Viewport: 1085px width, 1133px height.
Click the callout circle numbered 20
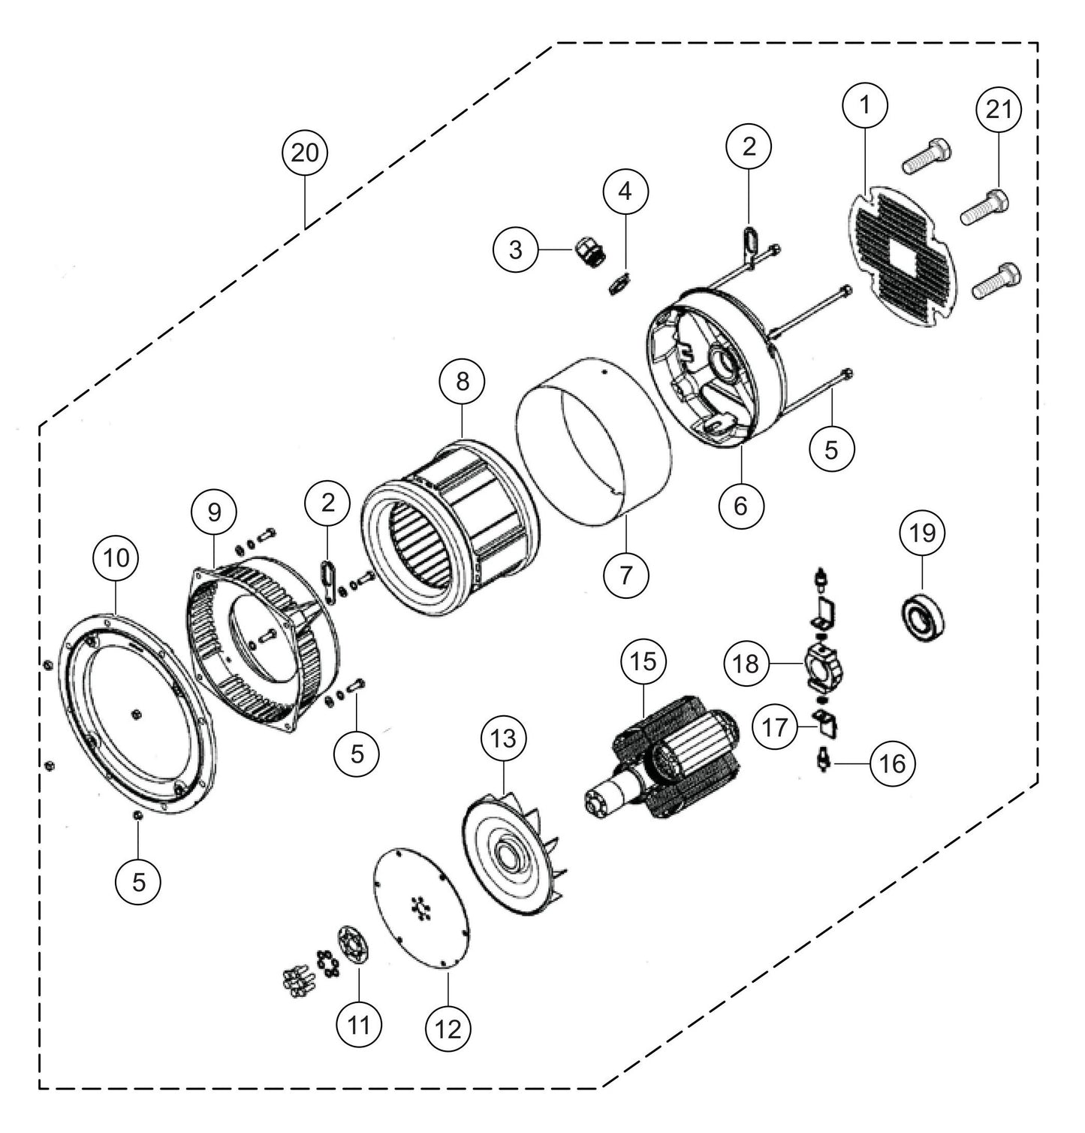[306, 153]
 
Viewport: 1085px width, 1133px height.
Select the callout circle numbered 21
[999, 110]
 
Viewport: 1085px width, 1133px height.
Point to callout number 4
[625, 191]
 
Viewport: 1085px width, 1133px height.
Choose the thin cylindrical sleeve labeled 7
[593, 451]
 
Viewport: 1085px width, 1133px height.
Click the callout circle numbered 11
[359, 1023]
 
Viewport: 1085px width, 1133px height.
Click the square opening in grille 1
[901, 260]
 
